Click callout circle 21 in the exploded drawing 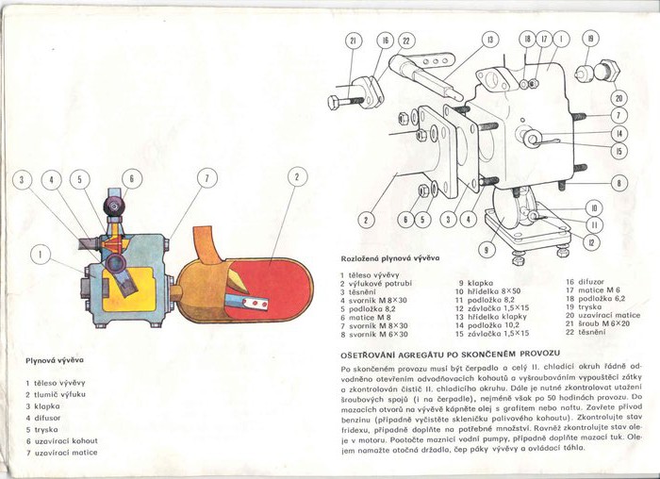pyautogui.click(x=353, y=41)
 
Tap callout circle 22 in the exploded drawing pyautogui.click(x=406, y=41)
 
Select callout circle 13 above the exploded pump pyautogui.click(x=490, y=40)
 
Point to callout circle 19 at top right pyautogui.click(x=590, y=39)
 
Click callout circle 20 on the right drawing pyautogui.click(x=619, y=98)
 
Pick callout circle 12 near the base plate pyautogui.click(x=590, y=242)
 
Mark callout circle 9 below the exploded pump pyautogui.click(x=486, y=250)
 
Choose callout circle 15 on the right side pyautogui.click(x=619, y=151)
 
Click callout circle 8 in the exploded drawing pyautogui.click(x=619, y=183)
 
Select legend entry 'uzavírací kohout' pyautogui.click(x=65, y=440)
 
